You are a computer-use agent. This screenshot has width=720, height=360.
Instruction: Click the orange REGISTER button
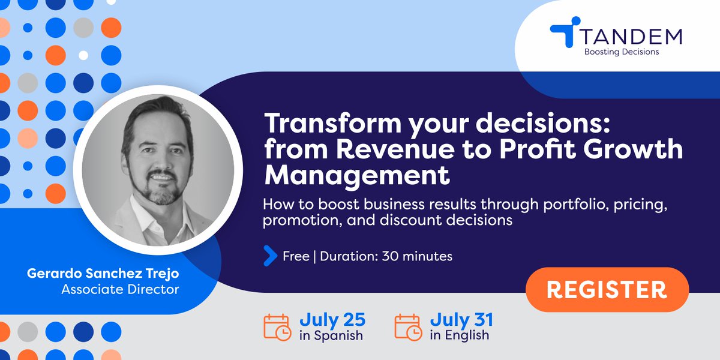[x=607, y=290]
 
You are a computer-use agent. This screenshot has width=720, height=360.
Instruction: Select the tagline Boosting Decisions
[x=621, y=52]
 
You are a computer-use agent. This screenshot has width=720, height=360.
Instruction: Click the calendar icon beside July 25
[x=278, y=326]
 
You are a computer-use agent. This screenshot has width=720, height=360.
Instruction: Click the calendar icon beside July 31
[x=408, y=326]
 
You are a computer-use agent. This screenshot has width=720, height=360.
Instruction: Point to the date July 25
[x=332, y=319]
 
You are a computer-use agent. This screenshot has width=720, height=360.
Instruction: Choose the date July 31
[x=461, y=319]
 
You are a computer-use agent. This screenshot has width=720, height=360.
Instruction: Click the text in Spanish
[x=331, y=335]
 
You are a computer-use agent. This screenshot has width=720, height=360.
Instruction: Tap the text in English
[x=459, y=335]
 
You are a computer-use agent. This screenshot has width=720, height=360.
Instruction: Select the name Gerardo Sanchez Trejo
[x=103, y=274]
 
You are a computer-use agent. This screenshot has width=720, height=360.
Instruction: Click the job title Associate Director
[x=120, y=289]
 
